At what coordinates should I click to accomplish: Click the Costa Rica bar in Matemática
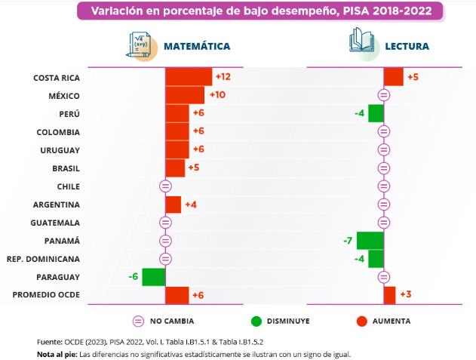[x=189, y=77]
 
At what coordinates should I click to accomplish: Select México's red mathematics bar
[x=185, y=95]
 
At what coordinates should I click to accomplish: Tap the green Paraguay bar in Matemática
[x=154, y=277]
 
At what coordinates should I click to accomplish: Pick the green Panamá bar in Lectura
[x=370, y=241]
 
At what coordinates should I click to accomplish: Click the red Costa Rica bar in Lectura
[x=394, y=77]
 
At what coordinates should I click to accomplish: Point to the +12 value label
[x=223, y=77]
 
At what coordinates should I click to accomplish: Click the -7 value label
[x=348, y=241]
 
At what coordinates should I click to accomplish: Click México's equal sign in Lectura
[x=384, y=95]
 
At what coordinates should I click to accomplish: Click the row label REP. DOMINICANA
[x=44, y=259]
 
